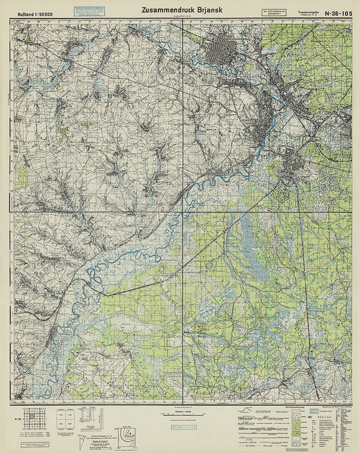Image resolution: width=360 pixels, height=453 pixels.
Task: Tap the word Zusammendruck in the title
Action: [x=164, y=10]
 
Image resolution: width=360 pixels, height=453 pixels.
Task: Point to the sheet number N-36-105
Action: [x=337, y=13]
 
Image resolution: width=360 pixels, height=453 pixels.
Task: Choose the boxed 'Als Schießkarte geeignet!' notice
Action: [x=274, y=12]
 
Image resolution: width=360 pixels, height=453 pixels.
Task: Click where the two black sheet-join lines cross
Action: [x=182, y=212]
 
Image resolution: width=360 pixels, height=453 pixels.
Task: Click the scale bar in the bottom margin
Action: [x=182, y=414]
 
